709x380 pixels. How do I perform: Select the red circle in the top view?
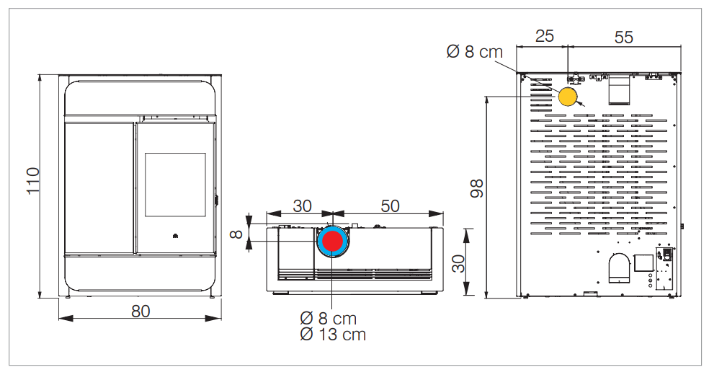332,242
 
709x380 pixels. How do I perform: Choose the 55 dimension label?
623,37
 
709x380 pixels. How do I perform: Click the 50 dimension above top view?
390,206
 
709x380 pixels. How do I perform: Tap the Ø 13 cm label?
333,335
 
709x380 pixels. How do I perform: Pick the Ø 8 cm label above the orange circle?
474,52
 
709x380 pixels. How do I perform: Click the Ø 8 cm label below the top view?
328,318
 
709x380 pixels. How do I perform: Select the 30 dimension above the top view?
302,206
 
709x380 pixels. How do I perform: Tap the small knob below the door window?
174,236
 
